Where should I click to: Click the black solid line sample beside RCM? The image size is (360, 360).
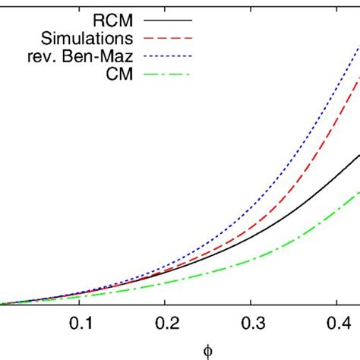click(x=169, y=16)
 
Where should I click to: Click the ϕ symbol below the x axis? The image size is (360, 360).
click(x=207, y=350)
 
